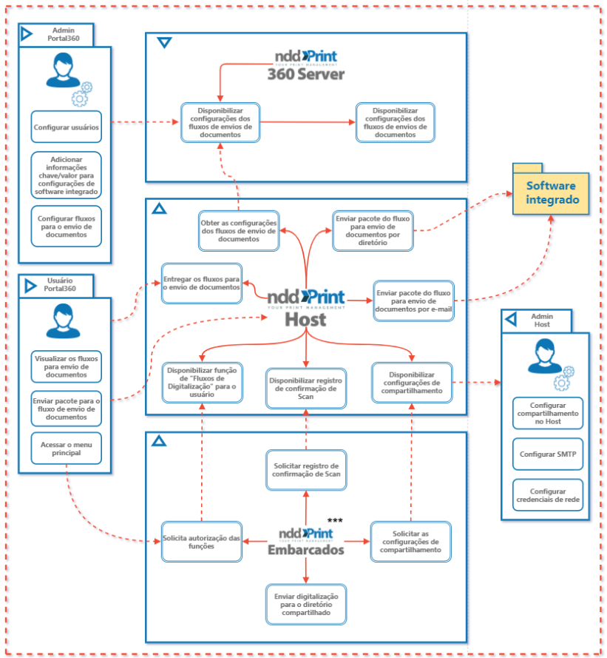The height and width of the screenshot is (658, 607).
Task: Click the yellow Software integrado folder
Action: pos(552,192)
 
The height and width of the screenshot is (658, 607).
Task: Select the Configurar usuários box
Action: pos(66,127)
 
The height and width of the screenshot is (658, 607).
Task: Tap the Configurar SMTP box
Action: pos(547,454)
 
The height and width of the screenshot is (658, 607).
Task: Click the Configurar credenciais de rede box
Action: pos(547,496)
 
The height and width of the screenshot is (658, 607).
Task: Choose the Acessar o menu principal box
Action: pos(66,449)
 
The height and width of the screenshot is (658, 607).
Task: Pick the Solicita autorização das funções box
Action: pos(202,542)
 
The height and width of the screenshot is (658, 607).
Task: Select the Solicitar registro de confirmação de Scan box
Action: pos(306,469)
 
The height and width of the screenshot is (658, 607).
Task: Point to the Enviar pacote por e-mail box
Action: pos(414,301)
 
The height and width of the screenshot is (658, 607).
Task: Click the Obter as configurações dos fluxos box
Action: pos(239,229)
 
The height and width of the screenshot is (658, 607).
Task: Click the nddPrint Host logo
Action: pos(305,305)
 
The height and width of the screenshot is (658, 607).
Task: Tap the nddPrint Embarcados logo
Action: pos(305,541)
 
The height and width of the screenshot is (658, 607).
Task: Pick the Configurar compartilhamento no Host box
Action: pos(547,413)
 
